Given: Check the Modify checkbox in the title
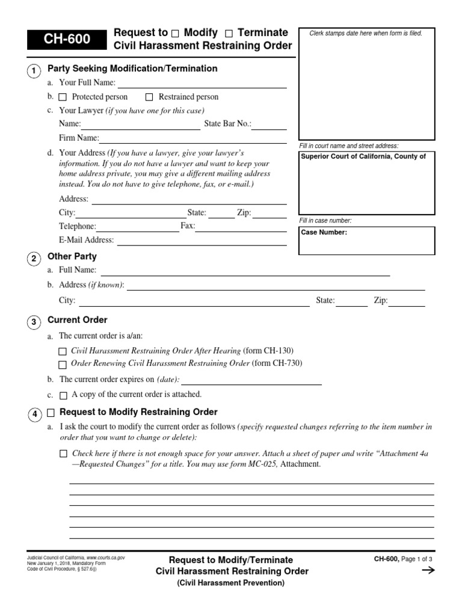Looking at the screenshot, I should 175,32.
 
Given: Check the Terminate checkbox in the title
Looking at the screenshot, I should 229,32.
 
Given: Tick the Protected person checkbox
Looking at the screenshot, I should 63,97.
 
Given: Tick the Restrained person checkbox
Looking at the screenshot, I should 149,97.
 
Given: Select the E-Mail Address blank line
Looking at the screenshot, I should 201,240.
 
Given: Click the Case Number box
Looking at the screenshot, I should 366,241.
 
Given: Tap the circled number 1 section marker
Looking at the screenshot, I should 34,72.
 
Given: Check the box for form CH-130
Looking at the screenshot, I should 63,351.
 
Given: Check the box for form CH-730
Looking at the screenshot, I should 63,365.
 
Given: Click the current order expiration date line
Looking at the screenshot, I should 251,380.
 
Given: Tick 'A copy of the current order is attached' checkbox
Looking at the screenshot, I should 63,396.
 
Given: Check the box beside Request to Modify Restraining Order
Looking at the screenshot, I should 51,413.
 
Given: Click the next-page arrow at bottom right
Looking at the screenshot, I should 428,571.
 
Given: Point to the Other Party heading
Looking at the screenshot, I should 72,257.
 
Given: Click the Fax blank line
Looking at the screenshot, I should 241,227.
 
